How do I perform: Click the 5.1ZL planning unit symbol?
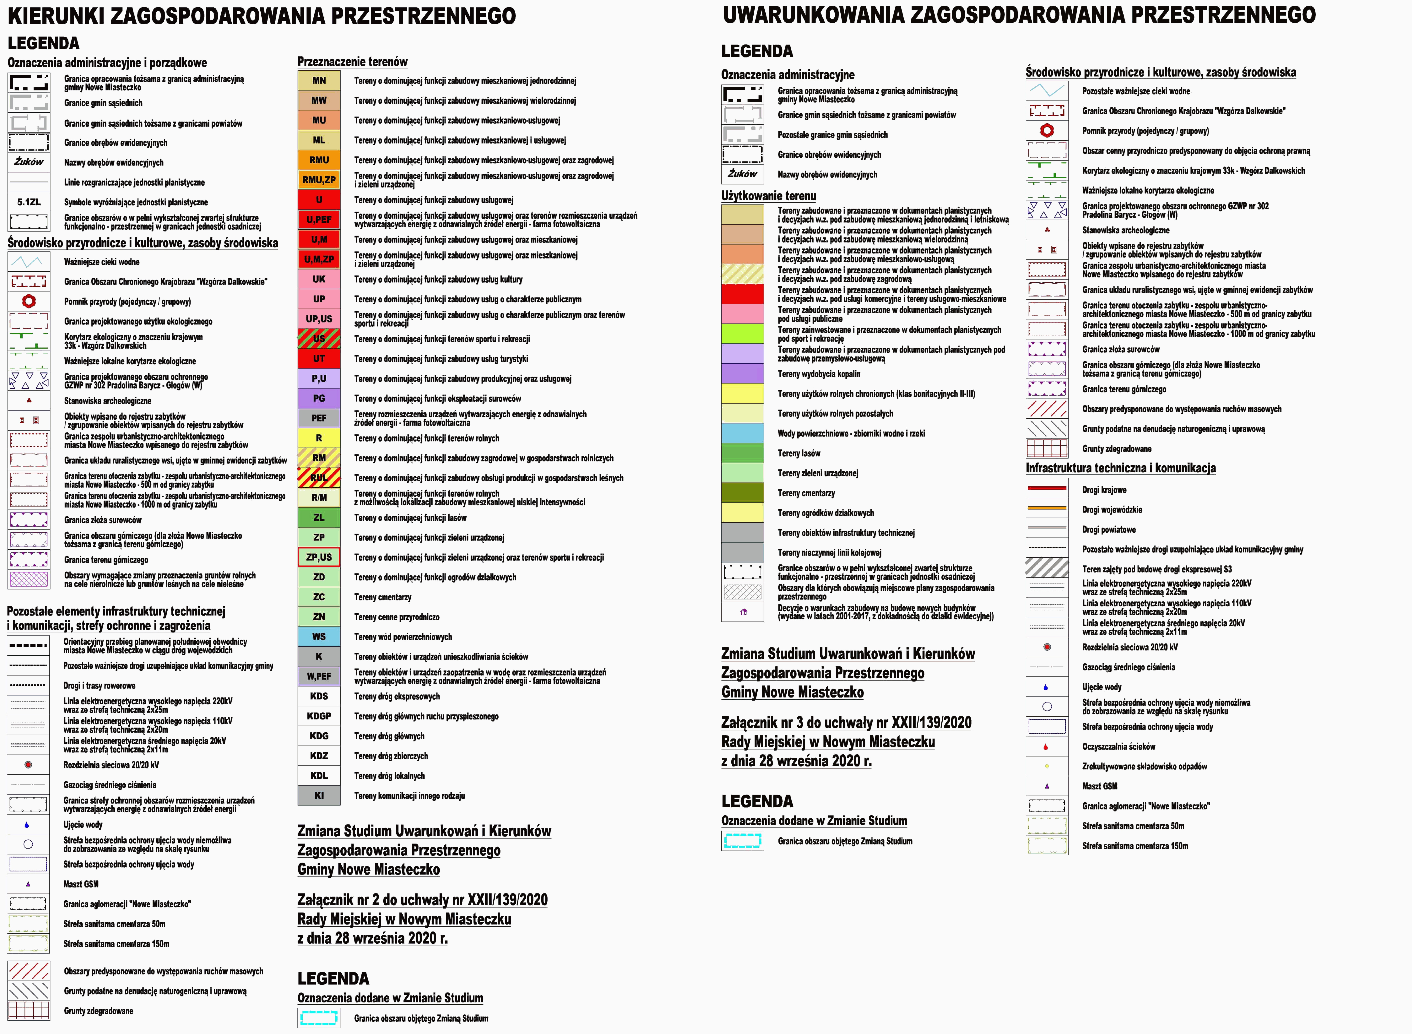point(29,202)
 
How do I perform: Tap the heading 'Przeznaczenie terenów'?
point(352,62)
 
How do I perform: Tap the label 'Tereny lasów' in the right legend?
point(799,453)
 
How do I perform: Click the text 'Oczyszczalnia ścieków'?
point(1118,747)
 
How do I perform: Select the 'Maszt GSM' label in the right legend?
point(1100,786)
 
